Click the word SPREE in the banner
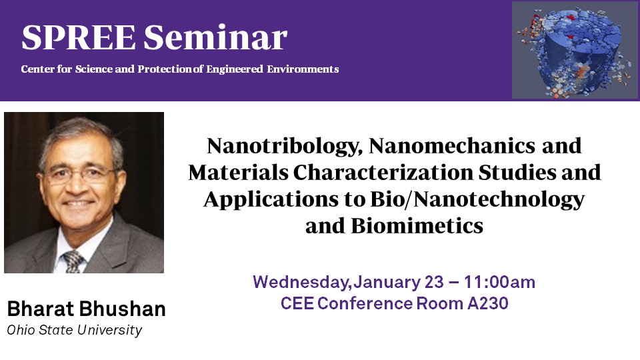coord(79,37)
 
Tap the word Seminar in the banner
coord(215,37)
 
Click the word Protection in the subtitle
coord(165,69)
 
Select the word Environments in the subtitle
coord(303,69)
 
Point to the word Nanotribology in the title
coord(285,146)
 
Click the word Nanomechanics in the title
coord(452,145)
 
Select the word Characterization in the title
coord(383,172)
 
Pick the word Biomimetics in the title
coord(417,226)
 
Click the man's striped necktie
coord(73,261)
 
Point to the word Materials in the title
coord(238,172)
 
